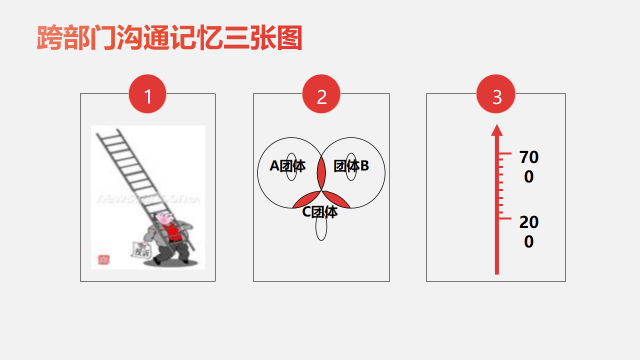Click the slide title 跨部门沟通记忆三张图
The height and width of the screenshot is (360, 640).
click(x=169, y=38)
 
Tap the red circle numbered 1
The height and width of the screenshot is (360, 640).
click(x=147, y=94)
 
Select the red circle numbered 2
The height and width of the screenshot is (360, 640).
click(x=321, y=94)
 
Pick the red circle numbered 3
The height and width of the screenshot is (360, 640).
click(x=496, y=94)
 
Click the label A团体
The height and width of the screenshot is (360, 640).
click(x=287, y=166)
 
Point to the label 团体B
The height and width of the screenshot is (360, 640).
click(x=351, y=166)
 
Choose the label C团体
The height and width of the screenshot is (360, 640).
click(x=320, y=212)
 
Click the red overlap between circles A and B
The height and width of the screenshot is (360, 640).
click(x=321, y=173)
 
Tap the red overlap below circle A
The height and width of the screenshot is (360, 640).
click(x=305, y=200)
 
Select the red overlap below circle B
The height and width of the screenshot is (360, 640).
click(x=337, y=200)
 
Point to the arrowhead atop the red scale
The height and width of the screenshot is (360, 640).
click(x=497, y=130)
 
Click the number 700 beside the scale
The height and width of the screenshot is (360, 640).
click(x=529, y=167)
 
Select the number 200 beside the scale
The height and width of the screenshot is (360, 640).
click(x=529, y=232)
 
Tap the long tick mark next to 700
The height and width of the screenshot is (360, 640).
click(x=505, y=153)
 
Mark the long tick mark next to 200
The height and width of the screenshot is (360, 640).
click(x=505, y=219)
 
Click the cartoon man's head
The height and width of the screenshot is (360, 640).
click(x=166, y=218)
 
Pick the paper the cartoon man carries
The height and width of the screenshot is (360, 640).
click(x=142, y=250)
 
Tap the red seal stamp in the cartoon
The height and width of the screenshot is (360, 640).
click(x=104, y=260)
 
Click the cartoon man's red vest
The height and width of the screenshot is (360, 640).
click(x=173, y=233)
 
